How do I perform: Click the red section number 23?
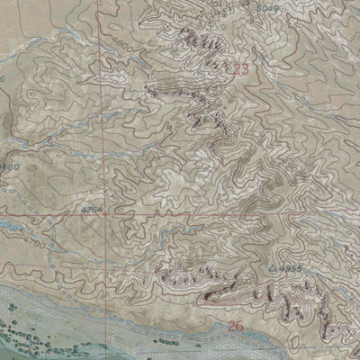[x=239, y=69]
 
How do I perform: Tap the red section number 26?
[x=236, y=325]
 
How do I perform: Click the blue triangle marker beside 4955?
[x=273, y=268]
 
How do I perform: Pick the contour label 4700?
[x=34, y=244]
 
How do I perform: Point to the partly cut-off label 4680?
[x=9, y=166]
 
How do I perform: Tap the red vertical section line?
[x=103, y=135]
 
